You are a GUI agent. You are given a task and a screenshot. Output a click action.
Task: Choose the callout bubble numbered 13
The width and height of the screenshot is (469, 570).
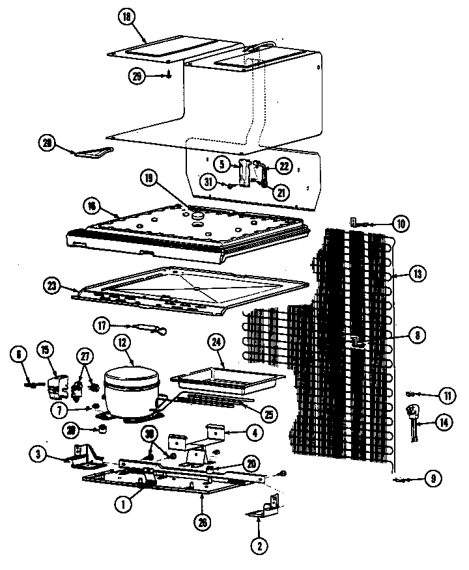[x=418, y=275]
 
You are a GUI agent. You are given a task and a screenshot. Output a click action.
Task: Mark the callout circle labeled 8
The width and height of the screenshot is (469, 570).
[x=418, y=336]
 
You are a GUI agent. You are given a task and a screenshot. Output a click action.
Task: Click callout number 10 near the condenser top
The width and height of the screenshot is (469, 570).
[x=401, y=223]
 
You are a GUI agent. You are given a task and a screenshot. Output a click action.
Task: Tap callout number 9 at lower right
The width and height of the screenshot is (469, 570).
[x=431, y=480]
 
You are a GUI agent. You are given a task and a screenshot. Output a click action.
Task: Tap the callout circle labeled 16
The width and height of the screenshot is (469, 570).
[x=93, y=206]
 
